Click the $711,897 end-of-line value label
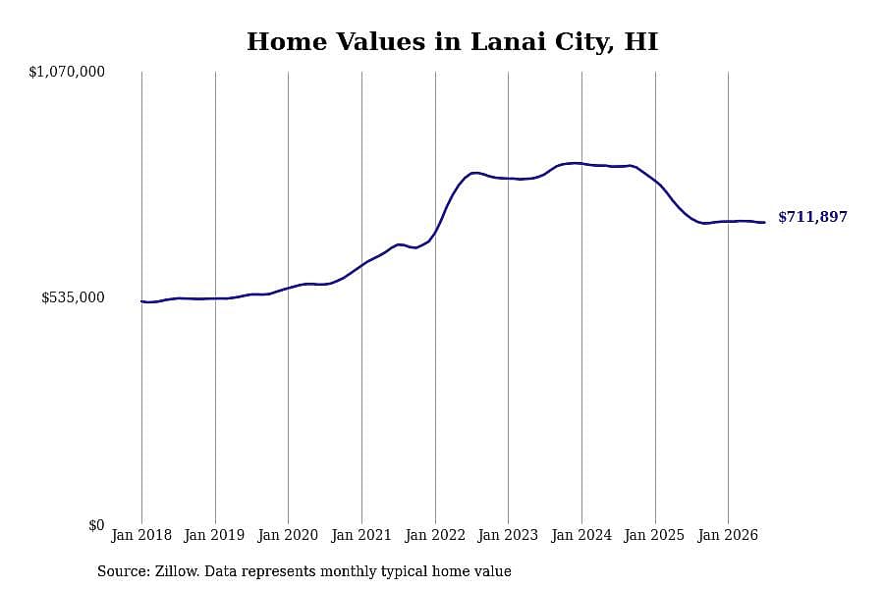tap(812, 217)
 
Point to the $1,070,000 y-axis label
tap(67, 72)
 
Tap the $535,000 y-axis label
tap(73, 297)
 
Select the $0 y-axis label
tap(96, 525)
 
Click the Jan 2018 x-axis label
tap(141, 535)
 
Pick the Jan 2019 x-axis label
tap(215, 535)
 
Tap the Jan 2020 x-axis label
tap(288, 535)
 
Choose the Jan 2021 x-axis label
tap(361, 535)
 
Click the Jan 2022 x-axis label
tap(435, 535)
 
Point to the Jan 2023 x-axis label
tap(508, 535)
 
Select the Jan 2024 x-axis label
tap(581, 535)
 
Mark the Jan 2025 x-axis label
tap(655, 535)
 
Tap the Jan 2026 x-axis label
tap(728, 535)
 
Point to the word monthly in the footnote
tap(350, 572)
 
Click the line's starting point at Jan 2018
tap(141, 301)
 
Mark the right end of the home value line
tap(764, 222)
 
